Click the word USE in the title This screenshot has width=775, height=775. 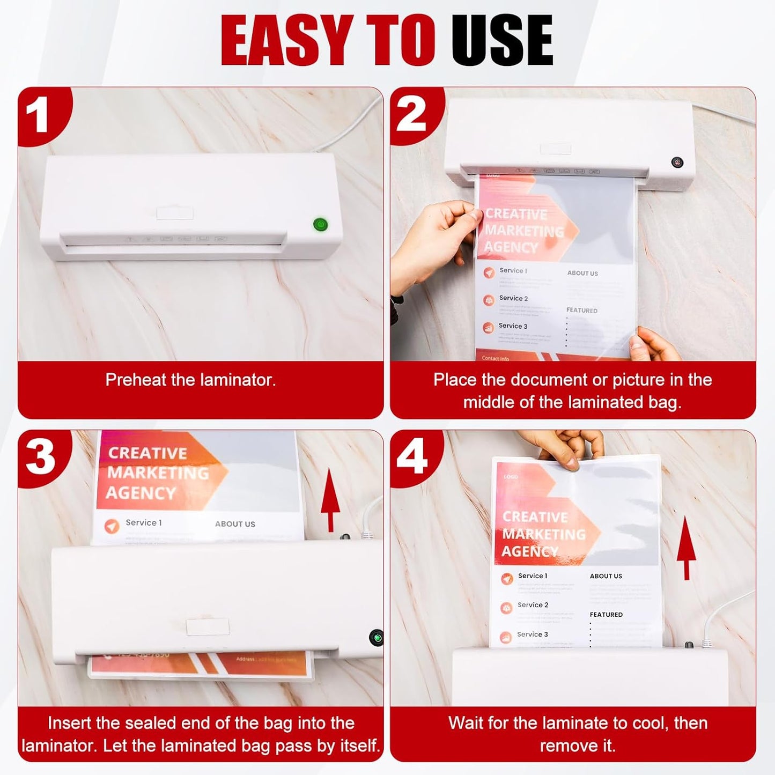coord(502,40)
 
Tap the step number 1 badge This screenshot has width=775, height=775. coord(39,116)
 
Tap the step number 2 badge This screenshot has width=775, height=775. coord(411,115)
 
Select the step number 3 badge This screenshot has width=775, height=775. coord(40,457)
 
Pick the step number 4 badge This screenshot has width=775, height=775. coord(412,456)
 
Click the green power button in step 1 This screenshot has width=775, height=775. coord(320,224)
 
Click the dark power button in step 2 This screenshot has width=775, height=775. coord(677,163)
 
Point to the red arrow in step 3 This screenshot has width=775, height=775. coord(330,499)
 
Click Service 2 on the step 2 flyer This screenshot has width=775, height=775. coord(513,298)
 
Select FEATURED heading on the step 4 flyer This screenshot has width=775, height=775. coord(606,615)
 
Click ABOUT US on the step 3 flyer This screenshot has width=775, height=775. coord(235,524)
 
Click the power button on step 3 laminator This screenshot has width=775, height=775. coord(377,638)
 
